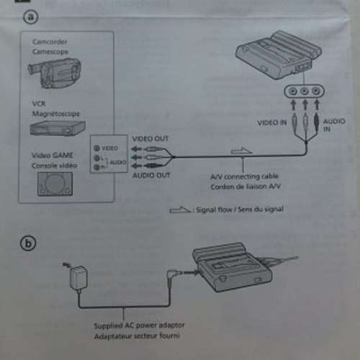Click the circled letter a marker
[30, 19]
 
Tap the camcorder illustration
[54, 68]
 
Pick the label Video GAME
[53, 155]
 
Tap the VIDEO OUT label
[150, 138]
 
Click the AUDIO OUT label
[150, 175]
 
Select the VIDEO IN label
[272, 123]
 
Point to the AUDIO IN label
[329, 125]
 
